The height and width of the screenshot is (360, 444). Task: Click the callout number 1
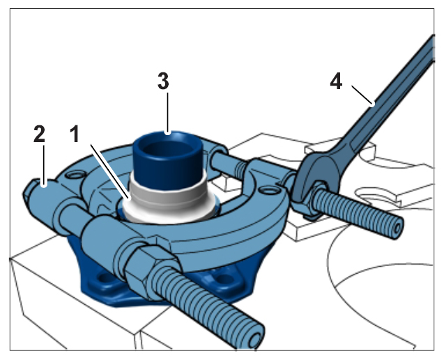pos(75,134)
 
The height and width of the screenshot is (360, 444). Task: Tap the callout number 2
pos(39,134)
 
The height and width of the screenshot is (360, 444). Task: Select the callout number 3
pos(163,81)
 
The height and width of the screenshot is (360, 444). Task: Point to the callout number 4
pos(336,81)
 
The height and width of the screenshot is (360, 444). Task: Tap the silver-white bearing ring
pos(168,202)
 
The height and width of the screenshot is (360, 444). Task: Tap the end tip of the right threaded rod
pos(397,228)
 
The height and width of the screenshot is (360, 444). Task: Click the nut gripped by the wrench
pos(316,198)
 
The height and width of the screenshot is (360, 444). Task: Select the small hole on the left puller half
pos(75,175)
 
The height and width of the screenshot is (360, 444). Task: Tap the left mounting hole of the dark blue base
pos(106,279)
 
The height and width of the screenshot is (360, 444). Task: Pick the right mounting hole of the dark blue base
pos(224,279)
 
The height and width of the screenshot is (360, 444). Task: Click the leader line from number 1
pos(110,172)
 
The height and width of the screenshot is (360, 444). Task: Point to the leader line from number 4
pos(363,95)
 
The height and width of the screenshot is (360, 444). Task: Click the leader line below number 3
pos(168,113)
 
